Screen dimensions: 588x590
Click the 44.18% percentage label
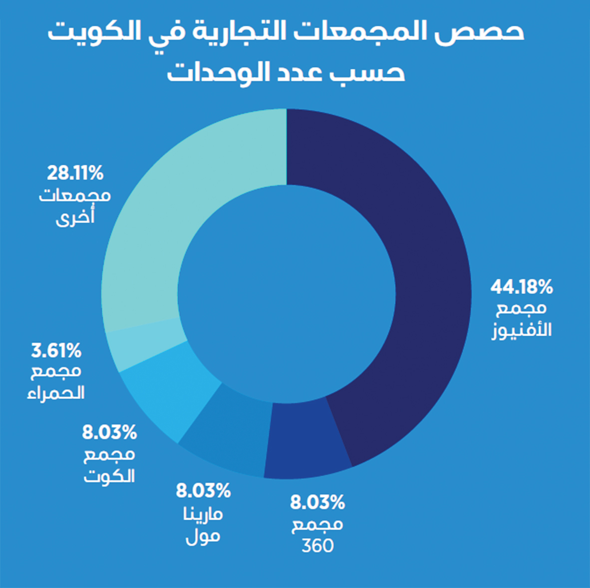[522, 287]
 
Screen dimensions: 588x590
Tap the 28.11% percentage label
[75, 173]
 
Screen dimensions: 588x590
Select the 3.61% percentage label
[56, 351]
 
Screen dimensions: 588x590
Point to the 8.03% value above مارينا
[203, 491]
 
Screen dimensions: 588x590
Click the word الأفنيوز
[522, 330]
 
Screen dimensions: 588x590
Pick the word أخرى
[75, 218]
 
